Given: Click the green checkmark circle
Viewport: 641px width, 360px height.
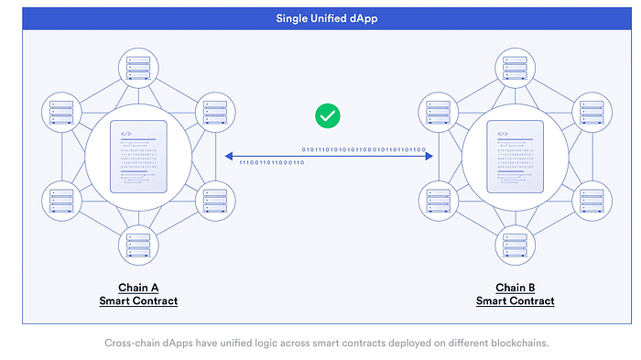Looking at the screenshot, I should click(326, 115).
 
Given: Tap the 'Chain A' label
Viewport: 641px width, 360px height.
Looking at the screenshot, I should click(138, 286).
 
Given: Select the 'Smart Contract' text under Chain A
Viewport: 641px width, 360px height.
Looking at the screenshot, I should click(138, 300).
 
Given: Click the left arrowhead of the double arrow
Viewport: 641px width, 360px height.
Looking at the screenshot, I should click(228, 156).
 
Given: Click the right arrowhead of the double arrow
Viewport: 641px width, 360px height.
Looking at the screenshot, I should click(429, 156).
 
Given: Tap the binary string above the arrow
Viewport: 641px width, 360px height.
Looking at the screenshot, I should click(364, 147).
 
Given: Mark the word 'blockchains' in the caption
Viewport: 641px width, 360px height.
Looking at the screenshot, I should click(523, 344).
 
